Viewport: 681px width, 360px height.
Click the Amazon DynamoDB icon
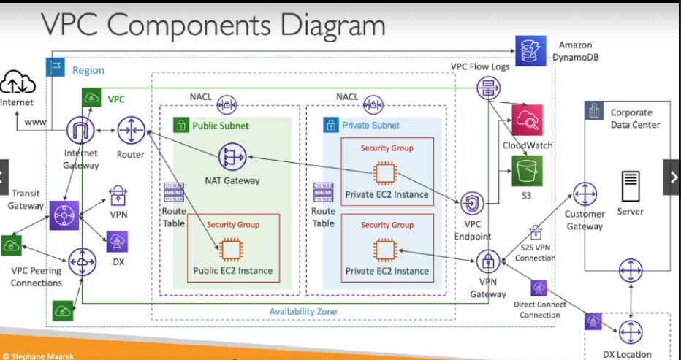pos(528,50)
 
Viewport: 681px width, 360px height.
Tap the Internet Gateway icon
pos(81,132)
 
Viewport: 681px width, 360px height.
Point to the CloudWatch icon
pos(528,120)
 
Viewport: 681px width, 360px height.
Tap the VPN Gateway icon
pos(487,261)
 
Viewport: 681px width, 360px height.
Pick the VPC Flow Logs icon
pos(487,89)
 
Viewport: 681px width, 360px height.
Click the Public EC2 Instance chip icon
pos(233,250)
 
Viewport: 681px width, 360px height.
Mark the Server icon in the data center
pos(630,188)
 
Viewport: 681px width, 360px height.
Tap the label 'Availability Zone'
pos(303,312)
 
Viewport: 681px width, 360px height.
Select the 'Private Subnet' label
pos(370,126)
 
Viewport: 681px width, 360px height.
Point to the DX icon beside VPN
pos(118,241)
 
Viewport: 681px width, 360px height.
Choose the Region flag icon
pos(56,69)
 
